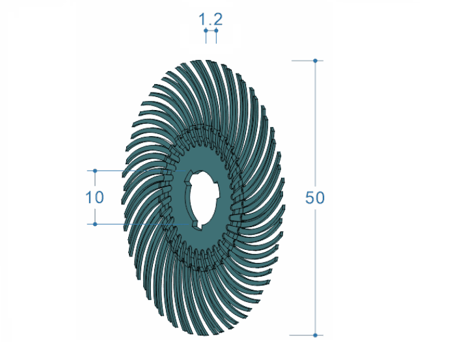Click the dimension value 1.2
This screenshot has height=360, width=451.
point(211,20)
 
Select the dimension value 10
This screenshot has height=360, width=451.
point(94,197)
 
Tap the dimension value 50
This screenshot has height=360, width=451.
point(315,198)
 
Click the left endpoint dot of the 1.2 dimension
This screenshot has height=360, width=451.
point(206,30)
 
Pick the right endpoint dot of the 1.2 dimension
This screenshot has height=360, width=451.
point(216,30)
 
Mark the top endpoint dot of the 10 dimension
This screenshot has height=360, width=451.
point(95,171)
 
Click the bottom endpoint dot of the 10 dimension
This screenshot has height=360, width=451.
point(95,224)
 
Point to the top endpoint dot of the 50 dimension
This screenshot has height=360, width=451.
point(315,61)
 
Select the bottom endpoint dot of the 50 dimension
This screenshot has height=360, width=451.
point(315,335)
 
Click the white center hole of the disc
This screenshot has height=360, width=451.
point(203,199)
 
